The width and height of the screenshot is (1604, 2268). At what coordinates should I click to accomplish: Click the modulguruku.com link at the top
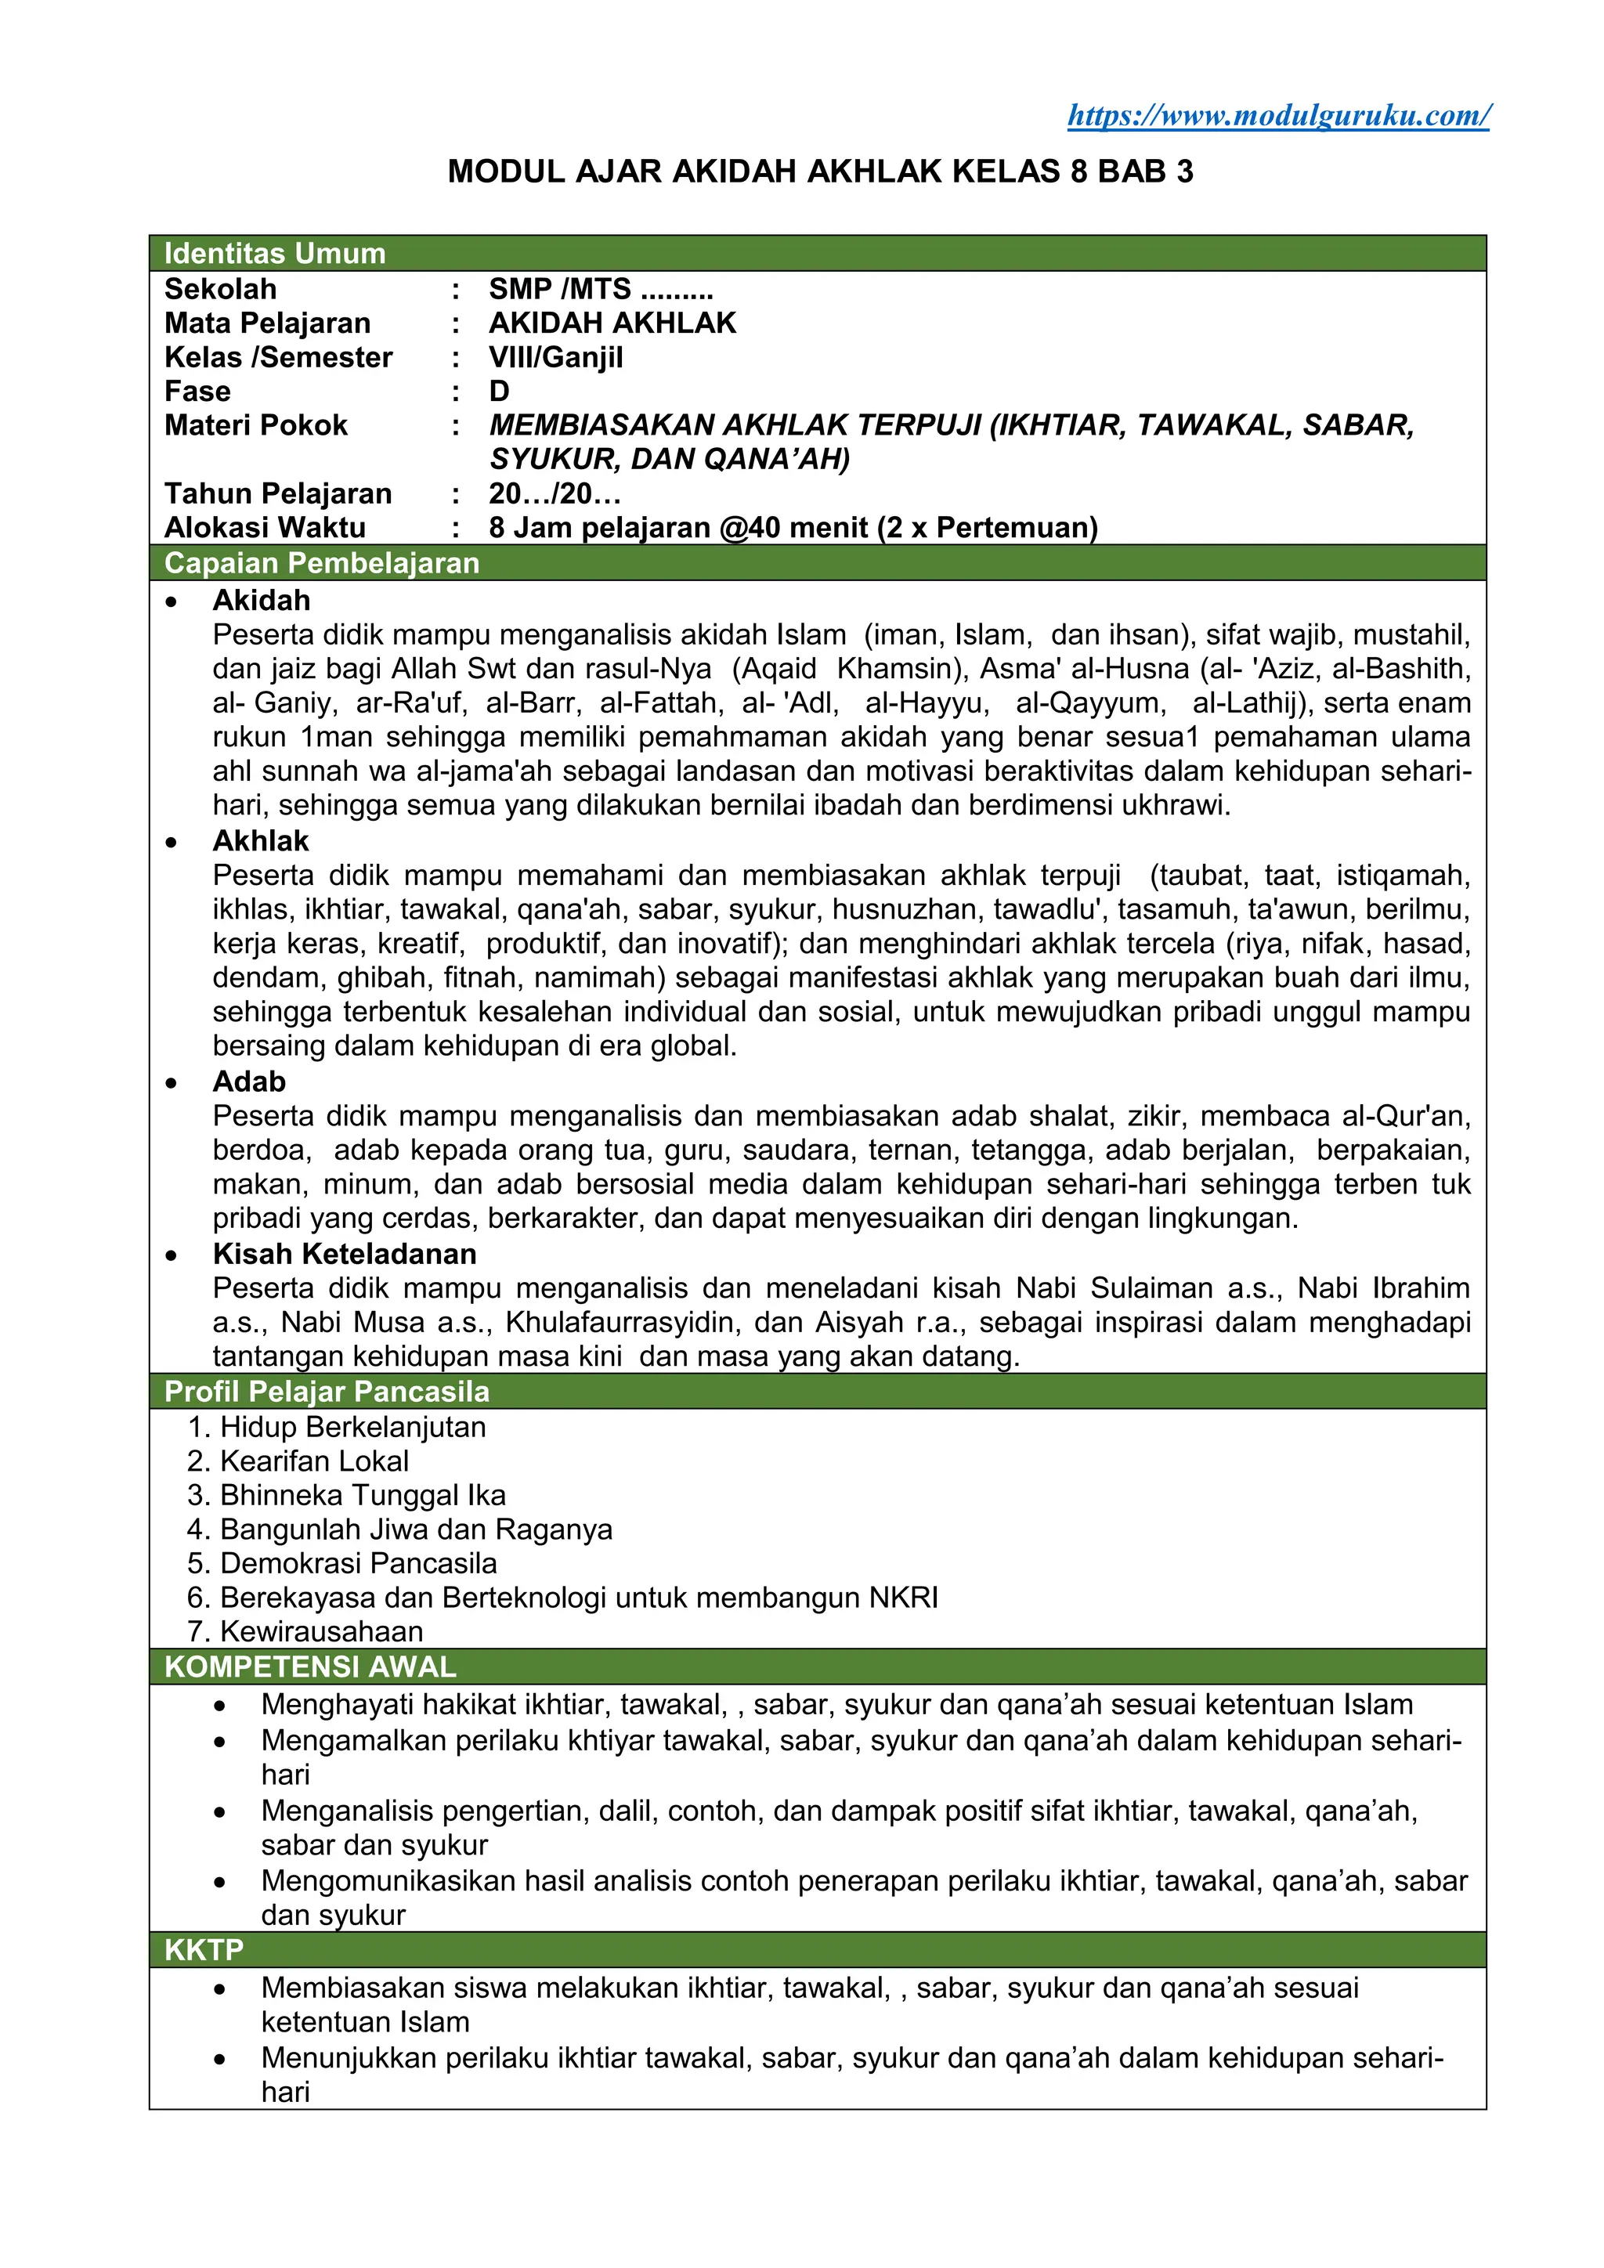coord(1278,116)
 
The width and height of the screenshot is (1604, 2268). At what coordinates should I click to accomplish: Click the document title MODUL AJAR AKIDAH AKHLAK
coord(820,172)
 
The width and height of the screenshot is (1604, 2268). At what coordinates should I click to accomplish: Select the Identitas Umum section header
coord(275,254)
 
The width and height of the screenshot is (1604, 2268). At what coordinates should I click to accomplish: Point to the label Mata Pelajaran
coord(266,323)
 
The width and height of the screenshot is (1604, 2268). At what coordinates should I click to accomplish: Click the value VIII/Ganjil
coord(555,358)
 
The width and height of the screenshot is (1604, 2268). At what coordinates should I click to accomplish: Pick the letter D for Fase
coord(500,391)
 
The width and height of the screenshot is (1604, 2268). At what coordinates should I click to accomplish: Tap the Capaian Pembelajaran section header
coord(321,563)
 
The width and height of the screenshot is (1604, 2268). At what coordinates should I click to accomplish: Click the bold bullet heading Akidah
coord(261,601)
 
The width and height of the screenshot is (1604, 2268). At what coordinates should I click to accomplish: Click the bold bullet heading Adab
coord(249,1082)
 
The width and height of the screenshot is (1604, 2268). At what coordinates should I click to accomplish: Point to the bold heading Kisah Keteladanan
coord(344,1254)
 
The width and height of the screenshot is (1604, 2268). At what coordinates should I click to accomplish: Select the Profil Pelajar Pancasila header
coord(326,1391)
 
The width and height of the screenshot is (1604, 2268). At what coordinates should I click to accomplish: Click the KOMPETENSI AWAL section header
coord(310,1667)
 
